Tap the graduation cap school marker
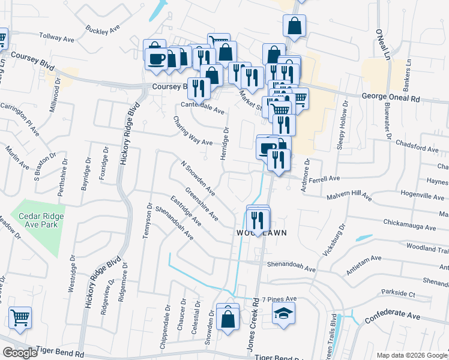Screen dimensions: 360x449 [283, 314]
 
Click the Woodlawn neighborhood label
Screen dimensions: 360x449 [261, 232]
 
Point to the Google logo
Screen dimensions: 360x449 [20, 353]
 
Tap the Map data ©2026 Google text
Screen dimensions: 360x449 [411, 355]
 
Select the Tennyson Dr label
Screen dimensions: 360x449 [146, 221]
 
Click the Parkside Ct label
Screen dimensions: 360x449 [399, 294]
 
